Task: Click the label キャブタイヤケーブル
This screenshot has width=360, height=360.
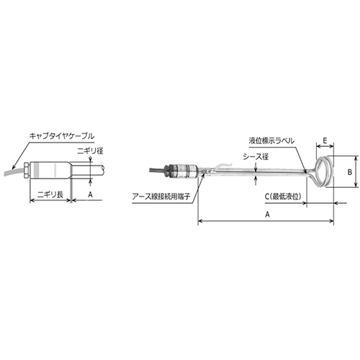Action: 61,135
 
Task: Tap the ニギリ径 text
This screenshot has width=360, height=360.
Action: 91,150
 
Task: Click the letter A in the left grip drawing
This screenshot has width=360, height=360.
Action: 90,194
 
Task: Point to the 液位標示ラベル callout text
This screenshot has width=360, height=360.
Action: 271,142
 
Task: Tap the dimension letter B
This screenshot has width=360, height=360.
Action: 349,172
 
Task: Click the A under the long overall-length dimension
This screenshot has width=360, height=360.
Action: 268,214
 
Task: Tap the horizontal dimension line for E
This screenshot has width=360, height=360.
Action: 322,150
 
